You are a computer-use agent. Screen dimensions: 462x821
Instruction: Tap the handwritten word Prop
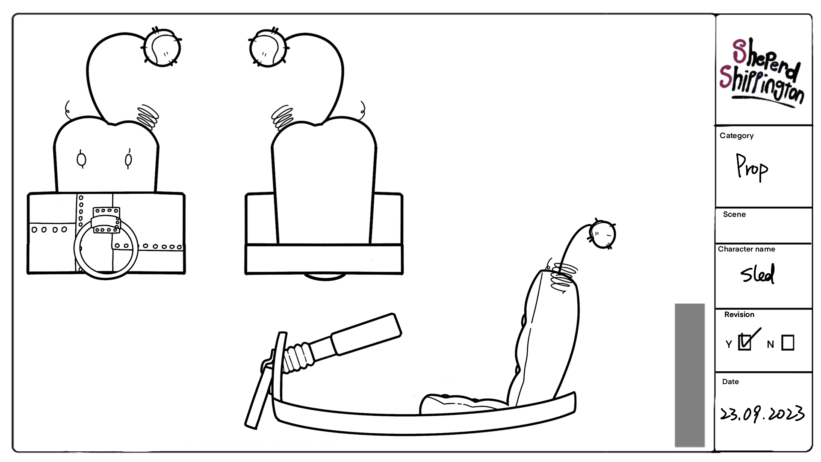tap(752, 168)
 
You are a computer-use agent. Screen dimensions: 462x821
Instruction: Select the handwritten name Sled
tap(757, 274)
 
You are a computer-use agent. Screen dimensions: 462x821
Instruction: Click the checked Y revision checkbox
tap(745, 342)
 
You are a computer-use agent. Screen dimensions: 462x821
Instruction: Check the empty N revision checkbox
tap(788, 343)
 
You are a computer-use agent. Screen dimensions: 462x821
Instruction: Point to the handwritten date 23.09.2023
tap(762, 414)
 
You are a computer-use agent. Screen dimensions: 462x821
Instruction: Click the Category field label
tap(736, 136)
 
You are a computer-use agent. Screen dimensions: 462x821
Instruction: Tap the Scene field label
tap(734, 214)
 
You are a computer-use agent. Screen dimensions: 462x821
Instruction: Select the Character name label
tap(746, 249)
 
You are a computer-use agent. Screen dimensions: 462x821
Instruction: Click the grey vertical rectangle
tap(689, 375)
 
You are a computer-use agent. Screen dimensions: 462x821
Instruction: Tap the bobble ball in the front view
tap(161, 48)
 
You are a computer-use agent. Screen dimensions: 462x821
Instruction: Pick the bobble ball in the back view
tap(268, 48)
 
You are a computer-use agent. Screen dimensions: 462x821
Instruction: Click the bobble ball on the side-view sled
tap(602, 234)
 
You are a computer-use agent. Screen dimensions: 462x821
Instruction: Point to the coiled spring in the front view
tap(148, 116)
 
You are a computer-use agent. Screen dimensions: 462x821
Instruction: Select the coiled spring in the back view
tap(283, 117)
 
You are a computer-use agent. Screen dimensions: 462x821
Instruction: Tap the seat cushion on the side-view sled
tap(462, 403)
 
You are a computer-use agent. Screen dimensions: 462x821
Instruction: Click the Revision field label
tap(739, 314)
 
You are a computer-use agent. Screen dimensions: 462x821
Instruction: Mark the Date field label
tap(730, 382)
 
